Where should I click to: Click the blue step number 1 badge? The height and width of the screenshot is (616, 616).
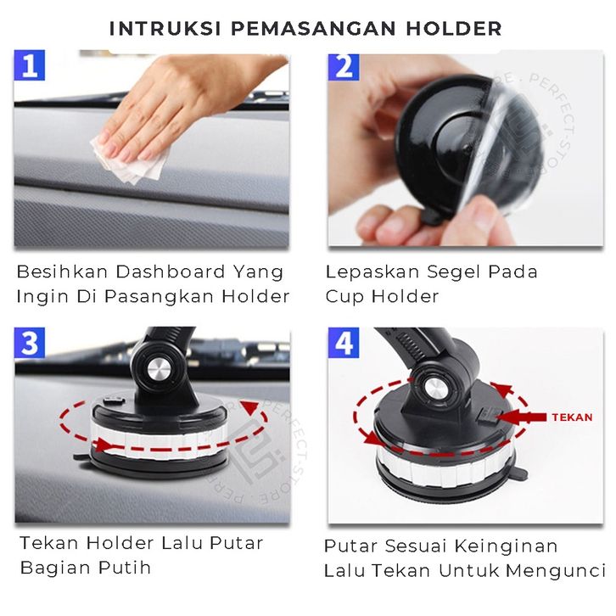coord(30,65)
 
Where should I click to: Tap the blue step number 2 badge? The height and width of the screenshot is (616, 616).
coord(344,67)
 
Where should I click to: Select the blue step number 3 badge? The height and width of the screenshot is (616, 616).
coord(30,343)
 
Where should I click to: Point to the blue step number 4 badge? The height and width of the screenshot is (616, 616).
coord(344,343)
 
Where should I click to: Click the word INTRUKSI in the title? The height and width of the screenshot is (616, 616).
coord(165,29)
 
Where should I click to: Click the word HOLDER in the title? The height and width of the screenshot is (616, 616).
coord(454,29)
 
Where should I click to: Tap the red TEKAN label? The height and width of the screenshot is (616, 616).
coord(572,417)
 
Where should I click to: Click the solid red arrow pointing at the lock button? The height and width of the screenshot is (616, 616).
coord(522,417)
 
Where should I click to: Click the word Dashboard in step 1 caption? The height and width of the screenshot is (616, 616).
coord(171,272)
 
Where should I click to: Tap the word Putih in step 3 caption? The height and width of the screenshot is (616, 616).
coord(125,568)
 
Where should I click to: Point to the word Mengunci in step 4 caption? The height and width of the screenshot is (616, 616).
coord(556,571)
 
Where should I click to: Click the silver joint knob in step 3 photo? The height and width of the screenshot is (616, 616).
coord(160,370)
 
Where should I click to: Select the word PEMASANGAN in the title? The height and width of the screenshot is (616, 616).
coord(313,29)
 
